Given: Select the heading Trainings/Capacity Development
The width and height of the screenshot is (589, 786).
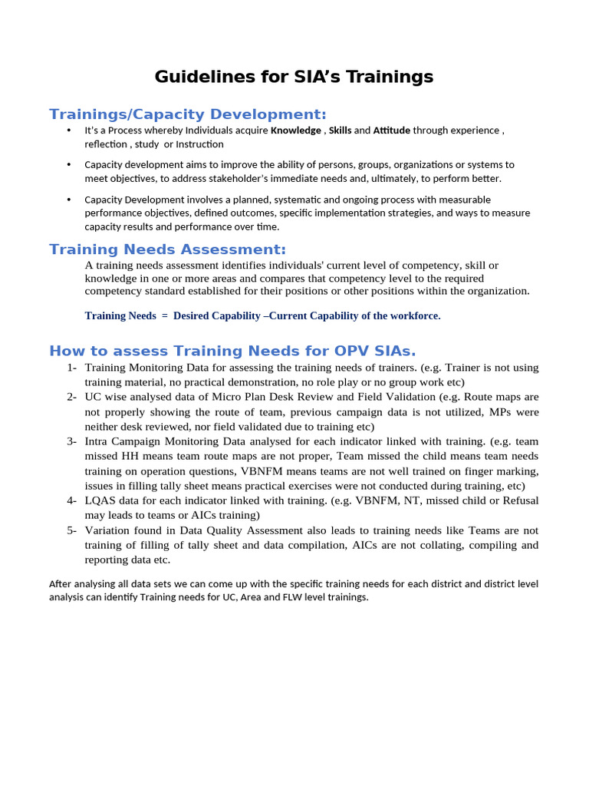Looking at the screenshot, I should point(187,114).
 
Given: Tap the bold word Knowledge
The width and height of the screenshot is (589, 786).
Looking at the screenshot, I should point(296,130).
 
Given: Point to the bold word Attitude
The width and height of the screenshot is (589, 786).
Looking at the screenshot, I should point(392,130).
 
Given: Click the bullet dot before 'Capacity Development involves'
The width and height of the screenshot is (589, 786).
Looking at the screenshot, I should point(69,200).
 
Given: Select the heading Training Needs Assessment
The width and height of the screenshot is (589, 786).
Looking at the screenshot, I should point(167,249).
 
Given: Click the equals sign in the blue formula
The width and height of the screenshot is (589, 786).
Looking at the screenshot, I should point(165,316).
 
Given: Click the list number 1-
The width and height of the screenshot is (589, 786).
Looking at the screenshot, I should point(71,368).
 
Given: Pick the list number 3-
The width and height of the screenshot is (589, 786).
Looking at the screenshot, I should point(71,441).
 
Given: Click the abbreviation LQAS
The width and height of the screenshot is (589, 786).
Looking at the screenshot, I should point(100,500).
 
